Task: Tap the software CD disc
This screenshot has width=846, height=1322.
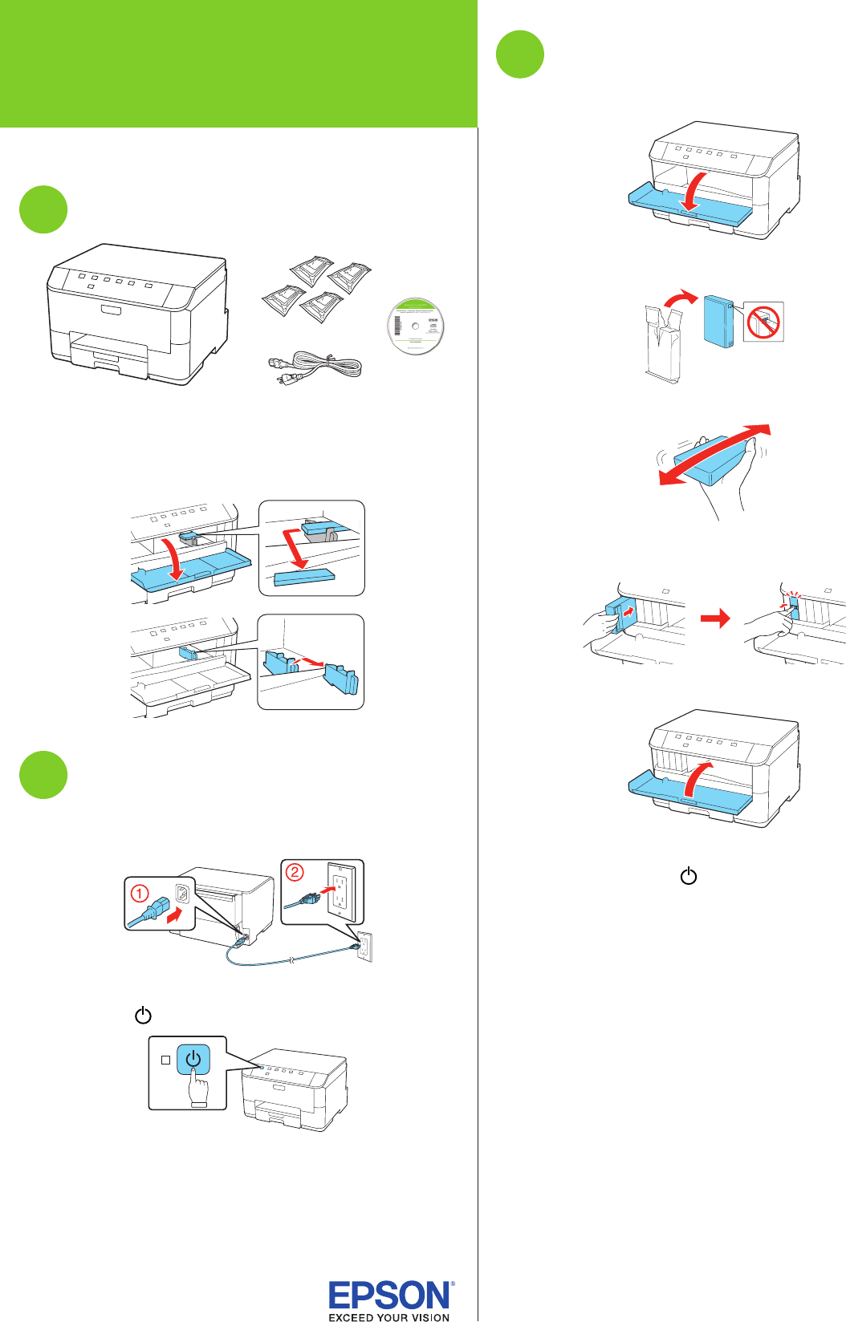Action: coord(415,326)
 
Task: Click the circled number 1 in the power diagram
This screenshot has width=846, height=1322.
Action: coord(140,893)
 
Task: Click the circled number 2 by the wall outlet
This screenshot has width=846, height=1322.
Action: coord(295,872)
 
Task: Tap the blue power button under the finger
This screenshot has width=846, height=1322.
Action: coord(193,1059)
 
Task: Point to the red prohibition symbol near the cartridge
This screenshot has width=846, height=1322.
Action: coord(763,322)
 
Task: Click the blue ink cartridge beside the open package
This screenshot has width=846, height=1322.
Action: coord(718,322)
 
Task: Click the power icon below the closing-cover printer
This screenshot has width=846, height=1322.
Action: coord(689,876)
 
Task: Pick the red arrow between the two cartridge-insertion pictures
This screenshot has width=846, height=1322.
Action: coord(715,618)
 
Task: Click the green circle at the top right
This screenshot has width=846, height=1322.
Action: coord(520,55)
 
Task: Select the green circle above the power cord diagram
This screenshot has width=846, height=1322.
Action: coord(43,775)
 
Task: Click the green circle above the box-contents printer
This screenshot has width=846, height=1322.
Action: coord(43,209)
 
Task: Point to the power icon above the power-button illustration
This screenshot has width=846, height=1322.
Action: coord(143,1016)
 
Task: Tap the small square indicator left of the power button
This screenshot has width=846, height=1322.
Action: coord(166,1060)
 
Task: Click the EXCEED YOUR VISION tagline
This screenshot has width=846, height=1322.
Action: coord(389,1316)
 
